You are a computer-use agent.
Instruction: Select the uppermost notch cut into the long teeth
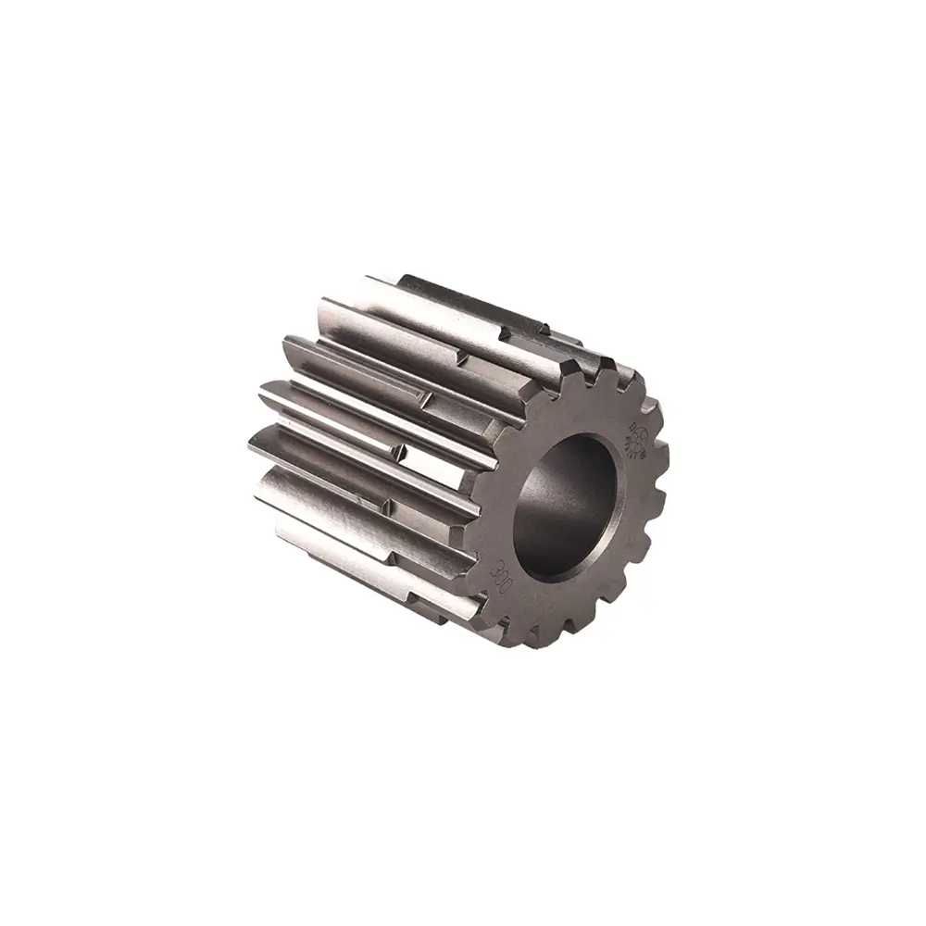tap(546, 326)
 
